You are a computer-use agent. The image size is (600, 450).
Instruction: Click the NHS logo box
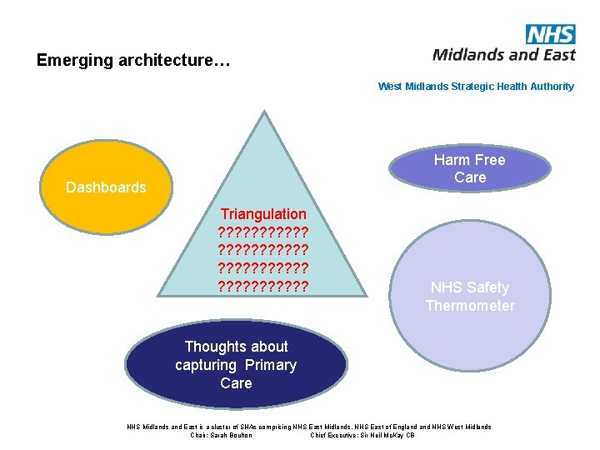(x=551, y=34)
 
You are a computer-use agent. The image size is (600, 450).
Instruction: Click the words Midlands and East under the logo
(x=504, y=55)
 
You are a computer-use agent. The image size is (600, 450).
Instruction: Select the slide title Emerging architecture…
(x=133, y=61)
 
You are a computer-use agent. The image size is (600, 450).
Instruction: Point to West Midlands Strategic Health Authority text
(x=476, y=87)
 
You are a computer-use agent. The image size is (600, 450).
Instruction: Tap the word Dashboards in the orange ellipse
(x=106, y=187)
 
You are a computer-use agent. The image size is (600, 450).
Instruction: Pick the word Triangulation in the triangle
(x=263, y=214)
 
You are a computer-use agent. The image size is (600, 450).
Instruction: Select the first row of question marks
(x=263, y=232)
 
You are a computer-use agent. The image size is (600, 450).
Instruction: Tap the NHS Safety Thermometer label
(x=470, y=297)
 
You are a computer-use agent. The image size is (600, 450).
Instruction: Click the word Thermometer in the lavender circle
(x=470, y=306)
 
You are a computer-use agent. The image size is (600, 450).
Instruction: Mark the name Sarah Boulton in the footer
(x=232, y=435)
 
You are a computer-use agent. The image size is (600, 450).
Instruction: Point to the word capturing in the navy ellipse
(x=206, y=365)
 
